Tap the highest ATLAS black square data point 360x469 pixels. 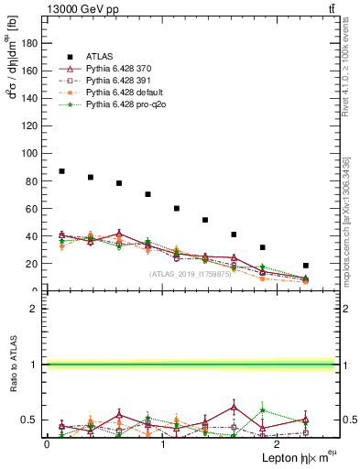coord(61,171)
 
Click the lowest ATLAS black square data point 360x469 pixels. coord(305,266)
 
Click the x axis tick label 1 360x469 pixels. coord(162,443)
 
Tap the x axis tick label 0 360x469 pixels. coord(47,443)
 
